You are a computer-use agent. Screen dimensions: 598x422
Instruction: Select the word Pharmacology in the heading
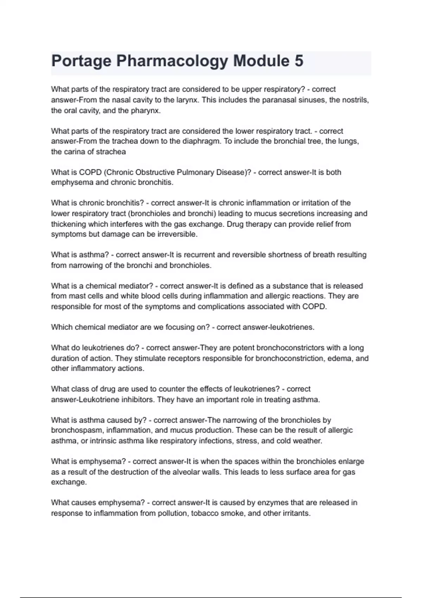[x=172, y=61]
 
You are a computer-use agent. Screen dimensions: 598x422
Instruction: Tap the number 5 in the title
[x=299, y=61]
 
